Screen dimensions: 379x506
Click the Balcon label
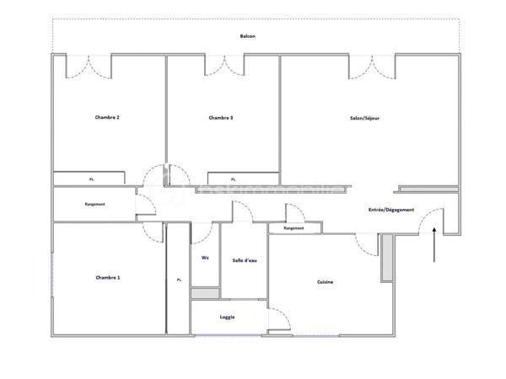coord(248,36)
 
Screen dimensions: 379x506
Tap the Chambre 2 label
coord(107,118)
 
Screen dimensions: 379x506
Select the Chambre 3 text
coord(221,118)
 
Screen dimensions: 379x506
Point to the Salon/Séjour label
coord(364,118)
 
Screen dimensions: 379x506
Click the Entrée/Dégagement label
coord(391,209)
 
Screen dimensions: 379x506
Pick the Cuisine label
coord(325,281)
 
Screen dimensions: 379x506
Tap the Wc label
coord(205,259)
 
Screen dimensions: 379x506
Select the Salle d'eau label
coord(245,260)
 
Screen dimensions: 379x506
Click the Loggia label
coord(227,318)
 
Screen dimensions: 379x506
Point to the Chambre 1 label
coord(107,277)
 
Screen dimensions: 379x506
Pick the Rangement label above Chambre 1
coord(95,205)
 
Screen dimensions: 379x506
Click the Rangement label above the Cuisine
coord(293,228)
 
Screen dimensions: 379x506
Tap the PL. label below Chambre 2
coord(92,179)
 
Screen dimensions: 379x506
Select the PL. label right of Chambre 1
coord(179,280)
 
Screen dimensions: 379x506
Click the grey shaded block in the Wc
coord(205,293)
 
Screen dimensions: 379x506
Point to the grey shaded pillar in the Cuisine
coord(386,257)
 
